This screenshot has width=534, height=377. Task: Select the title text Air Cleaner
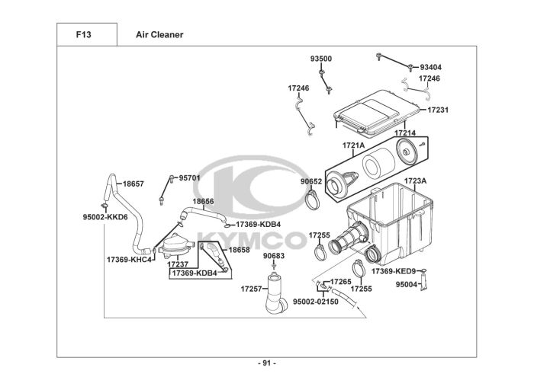(159, 35)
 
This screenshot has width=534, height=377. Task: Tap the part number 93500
(320, 59)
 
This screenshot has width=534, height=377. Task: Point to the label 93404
(430, 67)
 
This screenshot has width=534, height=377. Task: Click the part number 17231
(437, 110)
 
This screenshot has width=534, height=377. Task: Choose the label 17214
(405, 133)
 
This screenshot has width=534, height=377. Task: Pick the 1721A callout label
(353, 145)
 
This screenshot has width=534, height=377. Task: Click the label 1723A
(415, 181)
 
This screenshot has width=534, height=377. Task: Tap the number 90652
(311, 181)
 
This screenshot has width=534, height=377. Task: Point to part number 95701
(189, 178)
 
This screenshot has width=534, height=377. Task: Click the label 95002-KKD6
(105, 216)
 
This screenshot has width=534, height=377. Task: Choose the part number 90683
(274, 256)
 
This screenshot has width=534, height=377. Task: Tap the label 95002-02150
(316, 302)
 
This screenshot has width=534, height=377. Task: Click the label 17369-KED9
(394, 271)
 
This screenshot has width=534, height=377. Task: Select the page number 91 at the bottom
(266, 362)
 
